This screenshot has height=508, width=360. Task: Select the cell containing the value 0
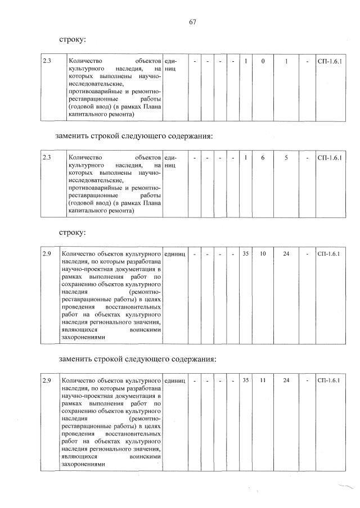(x=263, y=61)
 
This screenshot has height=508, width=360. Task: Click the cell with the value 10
(x=263, y=254)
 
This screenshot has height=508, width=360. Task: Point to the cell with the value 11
(x=263, y=381)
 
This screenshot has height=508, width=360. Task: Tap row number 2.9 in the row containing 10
(x=47, y=254)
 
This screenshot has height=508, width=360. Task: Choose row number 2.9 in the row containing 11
(x=47, y=381)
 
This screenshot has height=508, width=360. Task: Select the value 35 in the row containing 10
(x=246, y=254)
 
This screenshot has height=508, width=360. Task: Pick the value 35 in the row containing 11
(x=246, y=381)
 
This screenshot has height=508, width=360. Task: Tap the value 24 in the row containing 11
(x=286, y=381)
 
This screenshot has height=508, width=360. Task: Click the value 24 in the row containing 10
(x=286, y=254)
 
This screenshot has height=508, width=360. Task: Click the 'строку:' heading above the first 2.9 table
(x=73, y=232)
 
